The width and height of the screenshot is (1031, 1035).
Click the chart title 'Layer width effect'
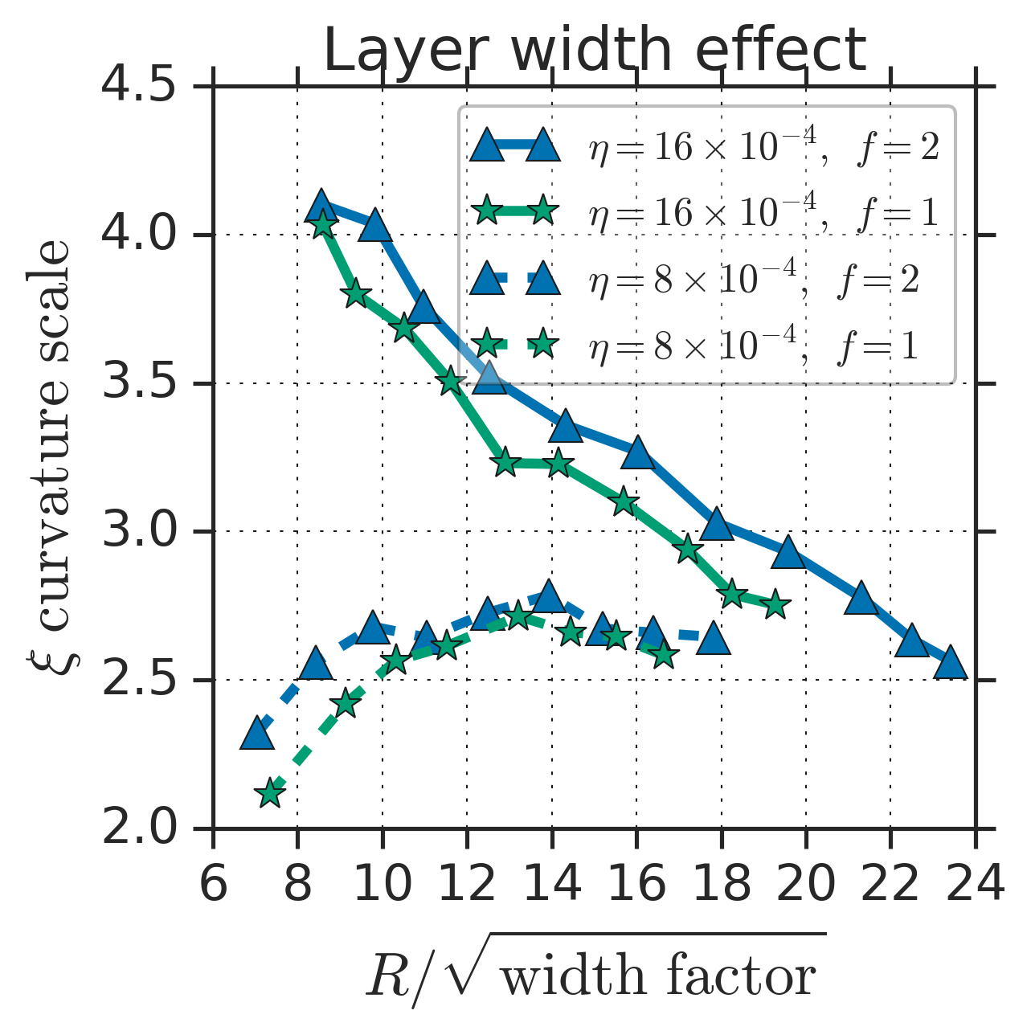pos(595,50)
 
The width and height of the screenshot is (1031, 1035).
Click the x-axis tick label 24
pos(975,885)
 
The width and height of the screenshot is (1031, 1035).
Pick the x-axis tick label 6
pos(213,885)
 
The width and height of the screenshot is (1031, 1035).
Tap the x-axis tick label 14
pos(552,885)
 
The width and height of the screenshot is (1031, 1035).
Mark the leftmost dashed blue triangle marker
pos(256,734)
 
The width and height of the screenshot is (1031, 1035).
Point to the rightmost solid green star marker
pos(775,606)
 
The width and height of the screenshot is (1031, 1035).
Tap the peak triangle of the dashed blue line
pos(548,597)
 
